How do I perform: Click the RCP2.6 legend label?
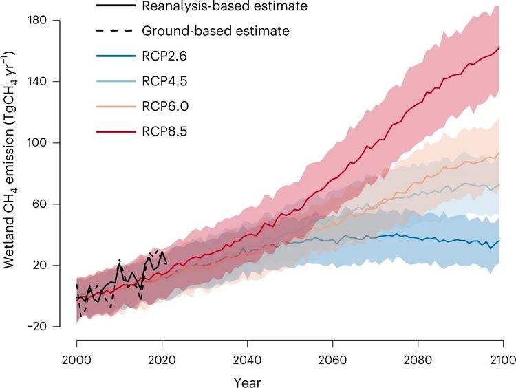click(x=163, y=56)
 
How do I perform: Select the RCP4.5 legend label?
click(x=163, y=82)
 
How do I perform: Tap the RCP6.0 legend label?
click(x=163, y=107)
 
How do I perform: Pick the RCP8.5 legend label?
click(x=163, y=131)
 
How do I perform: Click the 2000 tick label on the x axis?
click(x=77, y=360)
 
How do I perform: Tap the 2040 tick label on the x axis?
click(x=248, y=360)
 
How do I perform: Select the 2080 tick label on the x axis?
click(x=418, y=360)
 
